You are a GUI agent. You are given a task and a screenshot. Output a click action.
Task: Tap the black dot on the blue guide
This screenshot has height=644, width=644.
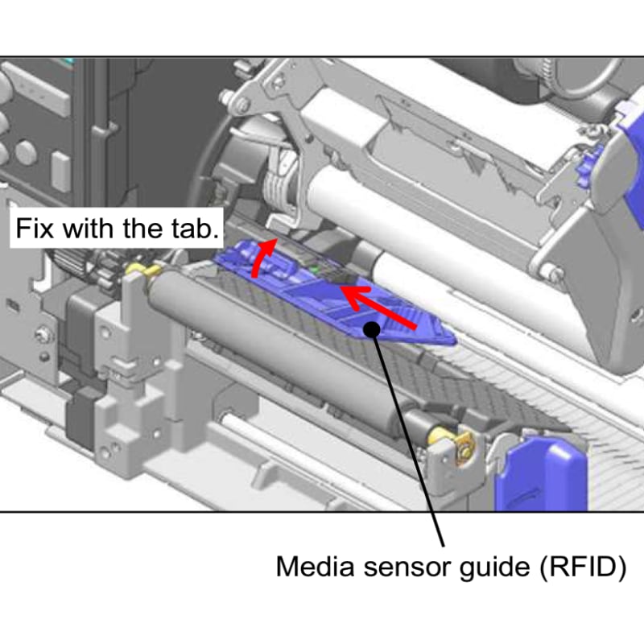(x=371, y=328)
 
